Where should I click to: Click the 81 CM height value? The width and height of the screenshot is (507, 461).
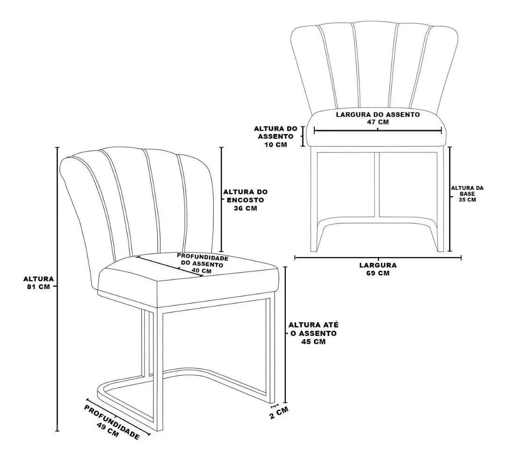click(39, 287)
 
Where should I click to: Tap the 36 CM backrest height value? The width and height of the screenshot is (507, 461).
click(246, 208)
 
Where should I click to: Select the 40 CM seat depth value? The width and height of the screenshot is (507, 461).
click(202, 270)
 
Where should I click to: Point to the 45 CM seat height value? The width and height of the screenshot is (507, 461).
click(313, 342)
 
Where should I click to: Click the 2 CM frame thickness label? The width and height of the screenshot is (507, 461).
click(279, 413)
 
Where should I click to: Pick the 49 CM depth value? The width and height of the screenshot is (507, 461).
click(108, 430)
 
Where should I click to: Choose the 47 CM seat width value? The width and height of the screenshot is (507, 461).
click(377, 122)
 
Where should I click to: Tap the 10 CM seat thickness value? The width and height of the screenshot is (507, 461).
click(275, 145)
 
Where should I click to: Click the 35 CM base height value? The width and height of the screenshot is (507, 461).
click(467, 200)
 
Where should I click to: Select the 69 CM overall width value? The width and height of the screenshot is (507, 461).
click(377, 273)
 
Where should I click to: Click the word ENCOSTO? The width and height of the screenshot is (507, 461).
click(246, 200)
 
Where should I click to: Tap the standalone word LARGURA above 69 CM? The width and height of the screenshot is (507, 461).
click(377, 265)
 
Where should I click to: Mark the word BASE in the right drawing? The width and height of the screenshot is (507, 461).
click(467, 194)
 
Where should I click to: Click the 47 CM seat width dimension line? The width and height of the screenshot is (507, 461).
click(377, 131)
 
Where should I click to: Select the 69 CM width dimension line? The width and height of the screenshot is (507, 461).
click(377, 258)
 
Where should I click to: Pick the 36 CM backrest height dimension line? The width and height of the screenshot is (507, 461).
click(222, 199)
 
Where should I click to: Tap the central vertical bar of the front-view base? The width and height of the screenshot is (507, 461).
click(377, 184)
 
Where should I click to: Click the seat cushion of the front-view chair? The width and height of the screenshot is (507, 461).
click(377, 128)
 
